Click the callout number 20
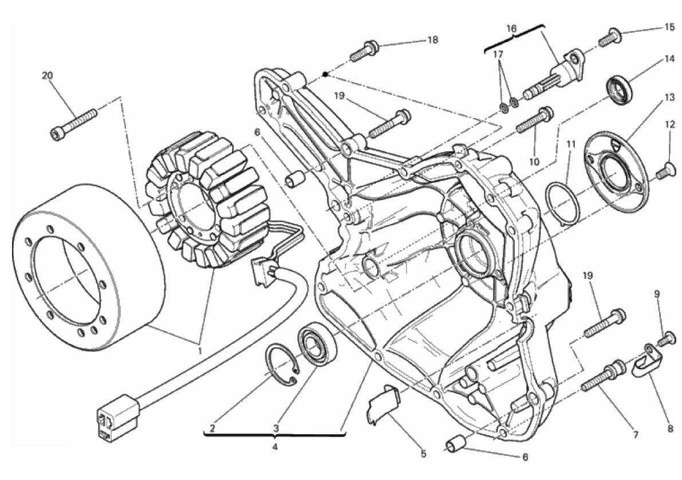tap(46, 76)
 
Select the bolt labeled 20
tap(74, 123)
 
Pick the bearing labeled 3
tap(317, 343)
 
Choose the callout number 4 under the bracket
tap(275, 446)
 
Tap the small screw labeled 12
tap(665, 171)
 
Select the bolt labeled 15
tap(609, 39)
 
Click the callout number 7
tap(634, 435)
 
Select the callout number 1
tap(200, 349)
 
